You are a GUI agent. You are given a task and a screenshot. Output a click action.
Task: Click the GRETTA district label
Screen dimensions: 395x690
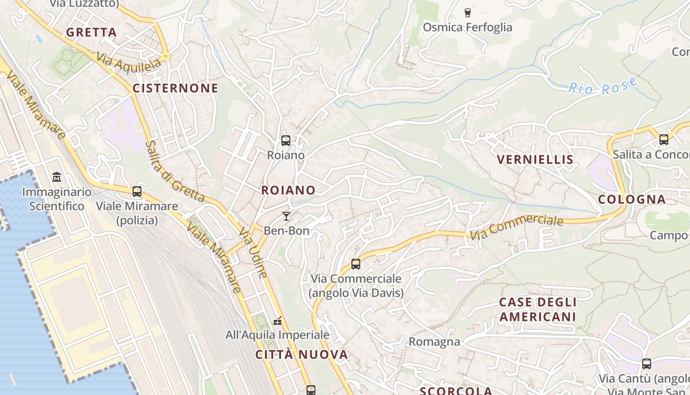pyautogui.click(x=92, y=33)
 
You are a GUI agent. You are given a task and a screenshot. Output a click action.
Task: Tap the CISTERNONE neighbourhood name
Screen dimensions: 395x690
pyautogui.click(x=175, y=88)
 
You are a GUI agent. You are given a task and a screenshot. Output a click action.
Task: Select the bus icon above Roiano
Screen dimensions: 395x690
pyautogui.click(x=285, y=141)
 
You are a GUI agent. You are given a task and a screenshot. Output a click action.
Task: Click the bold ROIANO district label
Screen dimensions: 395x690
pyautogui.click(x=288, y=190)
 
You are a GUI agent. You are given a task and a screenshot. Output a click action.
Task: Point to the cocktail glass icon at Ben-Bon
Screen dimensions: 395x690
pyautogui.click(x=286, y=216)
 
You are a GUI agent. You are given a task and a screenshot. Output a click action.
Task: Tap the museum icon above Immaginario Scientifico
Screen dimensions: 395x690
pyautogui.click(x=57, y=177)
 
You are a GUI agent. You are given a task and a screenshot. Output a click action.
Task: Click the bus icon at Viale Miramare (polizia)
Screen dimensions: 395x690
pyautogui.click(x=137, y=192)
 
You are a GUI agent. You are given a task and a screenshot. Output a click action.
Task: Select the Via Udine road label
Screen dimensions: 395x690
pyautogui.click(x=253, y=253)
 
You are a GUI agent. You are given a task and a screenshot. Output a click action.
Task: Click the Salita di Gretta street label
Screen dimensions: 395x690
pyautogui.click(x=174, y=171)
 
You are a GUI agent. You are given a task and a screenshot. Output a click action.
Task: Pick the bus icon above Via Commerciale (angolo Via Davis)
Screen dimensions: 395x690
pyautogui.click(x=356, y=264)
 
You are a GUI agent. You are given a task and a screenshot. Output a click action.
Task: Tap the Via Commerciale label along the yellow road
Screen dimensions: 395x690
pyautogui.click(x=516, y=228)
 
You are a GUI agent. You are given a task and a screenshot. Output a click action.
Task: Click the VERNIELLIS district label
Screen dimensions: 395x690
pyautogui.click(x=535, y=159)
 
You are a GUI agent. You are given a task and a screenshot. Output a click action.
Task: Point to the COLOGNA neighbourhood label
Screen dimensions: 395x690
pyautogui.click(x=632, y=199)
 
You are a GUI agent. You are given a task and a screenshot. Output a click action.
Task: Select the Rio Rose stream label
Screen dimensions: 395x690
pyautogui.click(x=603, y=87)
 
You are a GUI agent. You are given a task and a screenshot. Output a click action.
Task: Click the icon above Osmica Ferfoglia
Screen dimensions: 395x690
pyautogui.click(x=468, y=12)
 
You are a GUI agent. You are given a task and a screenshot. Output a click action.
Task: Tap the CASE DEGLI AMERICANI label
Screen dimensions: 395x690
pyautogui.click(x=538, y=309)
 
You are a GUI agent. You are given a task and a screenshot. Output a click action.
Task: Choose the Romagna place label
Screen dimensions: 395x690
pyautogui.click(x=434, y=342)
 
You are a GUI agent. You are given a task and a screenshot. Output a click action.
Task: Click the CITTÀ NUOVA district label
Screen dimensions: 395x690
pyautogui.click(x=302, y=355)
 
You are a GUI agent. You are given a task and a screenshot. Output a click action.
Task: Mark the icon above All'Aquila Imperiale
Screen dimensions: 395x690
pyautogui.click(x=277, y=321)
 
